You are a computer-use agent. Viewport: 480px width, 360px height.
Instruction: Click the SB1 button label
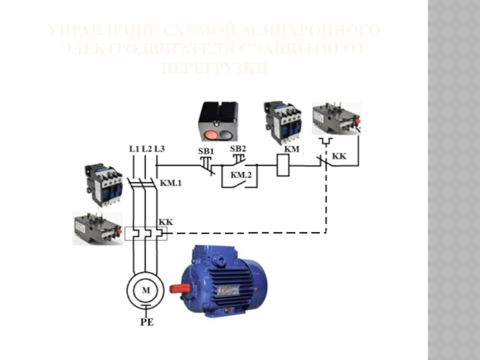[206, 151]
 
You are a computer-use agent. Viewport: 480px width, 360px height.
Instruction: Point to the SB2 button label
[238, 148]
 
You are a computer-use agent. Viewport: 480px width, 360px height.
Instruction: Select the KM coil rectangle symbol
[283, 165]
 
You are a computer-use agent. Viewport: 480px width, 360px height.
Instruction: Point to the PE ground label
[147, 322]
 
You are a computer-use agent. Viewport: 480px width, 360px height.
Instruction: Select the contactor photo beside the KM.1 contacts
[104, 182]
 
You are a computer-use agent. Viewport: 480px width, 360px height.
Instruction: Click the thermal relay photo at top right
[336, 119]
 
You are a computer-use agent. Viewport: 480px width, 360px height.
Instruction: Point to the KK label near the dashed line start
[166, 222]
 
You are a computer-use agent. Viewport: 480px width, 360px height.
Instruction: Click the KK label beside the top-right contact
[339, 156]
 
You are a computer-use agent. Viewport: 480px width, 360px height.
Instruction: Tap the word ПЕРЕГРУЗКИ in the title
[214, 70]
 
